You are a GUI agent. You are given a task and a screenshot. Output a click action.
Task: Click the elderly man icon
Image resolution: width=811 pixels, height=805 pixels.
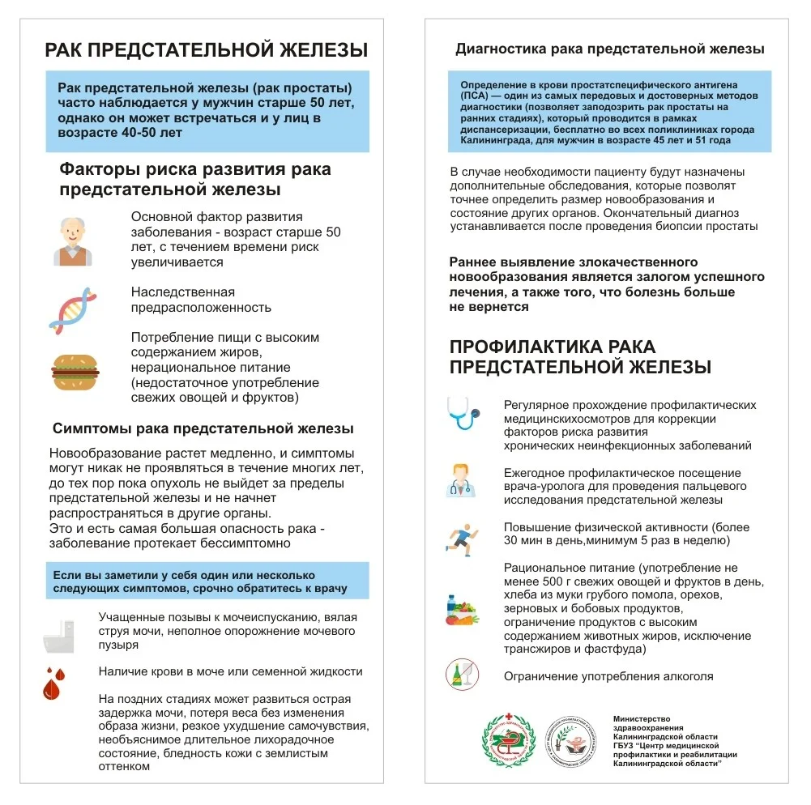point(73,241)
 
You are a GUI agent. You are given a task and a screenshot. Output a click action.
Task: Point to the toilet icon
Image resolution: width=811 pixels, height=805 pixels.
point(59,636)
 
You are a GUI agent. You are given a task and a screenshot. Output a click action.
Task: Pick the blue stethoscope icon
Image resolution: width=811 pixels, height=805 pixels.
point(463,412)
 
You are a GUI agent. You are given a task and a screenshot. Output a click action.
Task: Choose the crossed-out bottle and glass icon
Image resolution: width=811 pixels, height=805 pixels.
point(461,675)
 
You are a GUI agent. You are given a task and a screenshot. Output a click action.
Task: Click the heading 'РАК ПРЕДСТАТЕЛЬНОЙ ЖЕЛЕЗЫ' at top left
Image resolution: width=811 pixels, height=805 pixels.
point(206,51)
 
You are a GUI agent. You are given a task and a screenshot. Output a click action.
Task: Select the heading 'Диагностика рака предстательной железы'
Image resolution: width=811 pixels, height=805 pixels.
point(609,49)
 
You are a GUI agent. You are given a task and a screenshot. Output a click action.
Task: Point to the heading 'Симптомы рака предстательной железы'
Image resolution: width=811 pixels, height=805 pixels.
point(203,428)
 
